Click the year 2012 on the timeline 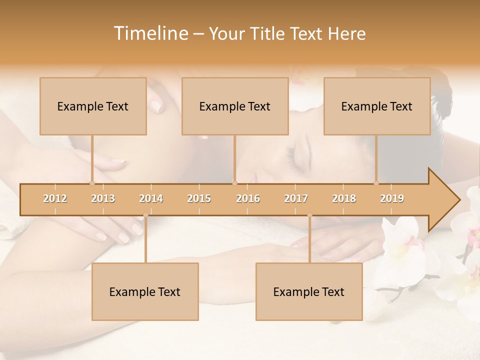[55, 198]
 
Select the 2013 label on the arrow [103, 198]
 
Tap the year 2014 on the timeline [151, 198]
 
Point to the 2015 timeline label [199, 198]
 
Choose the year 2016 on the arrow [248, 198]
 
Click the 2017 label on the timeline [296, 198]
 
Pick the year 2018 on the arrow [344, 198]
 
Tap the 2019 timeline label [392, 198]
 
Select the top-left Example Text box [93, 106]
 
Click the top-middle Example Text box [235, 106]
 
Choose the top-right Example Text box [377, 106]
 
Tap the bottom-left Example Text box [145, 291]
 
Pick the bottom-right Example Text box [309, 291]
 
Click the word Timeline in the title [150, 33]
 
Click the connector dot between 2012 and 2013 [92, 183]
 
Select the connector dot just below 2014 [145, 215]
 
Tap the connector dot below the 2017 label [309, 215]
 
